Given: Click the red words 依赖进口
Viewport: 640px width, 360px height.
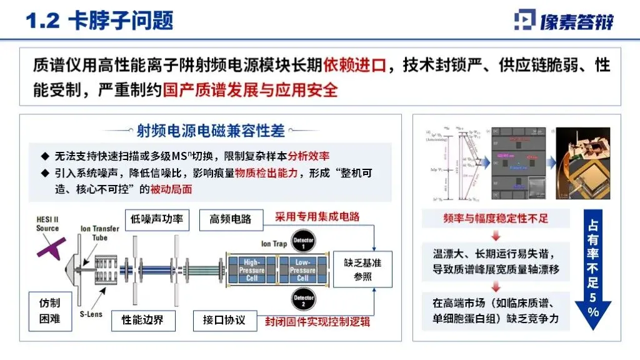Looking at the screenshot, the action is (354, 65).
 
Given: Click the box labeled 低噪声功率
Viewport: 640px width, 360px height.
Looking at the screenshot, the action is (156, 219).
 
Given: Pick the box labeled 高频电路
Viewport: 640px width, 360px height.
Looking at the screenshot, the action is (230, 219).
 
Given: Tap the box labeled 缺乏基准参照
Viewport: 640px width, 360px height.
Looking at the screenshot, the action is (358, 269).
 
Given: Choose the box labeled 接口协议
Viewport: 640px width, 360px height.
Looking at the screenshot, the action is (224, 321).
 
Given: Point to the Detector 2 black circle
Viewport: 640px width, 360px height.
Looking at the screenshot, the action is (303, 297).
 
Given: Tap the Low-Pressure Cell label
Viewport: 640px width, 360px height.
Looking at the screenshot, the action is (302, 269).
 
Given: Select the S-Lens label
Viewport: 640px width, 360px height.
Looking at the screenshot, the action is (91, 314).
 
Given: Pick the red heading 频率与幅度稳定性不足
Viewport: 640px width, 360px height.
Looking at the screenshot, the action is (495, 218).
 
